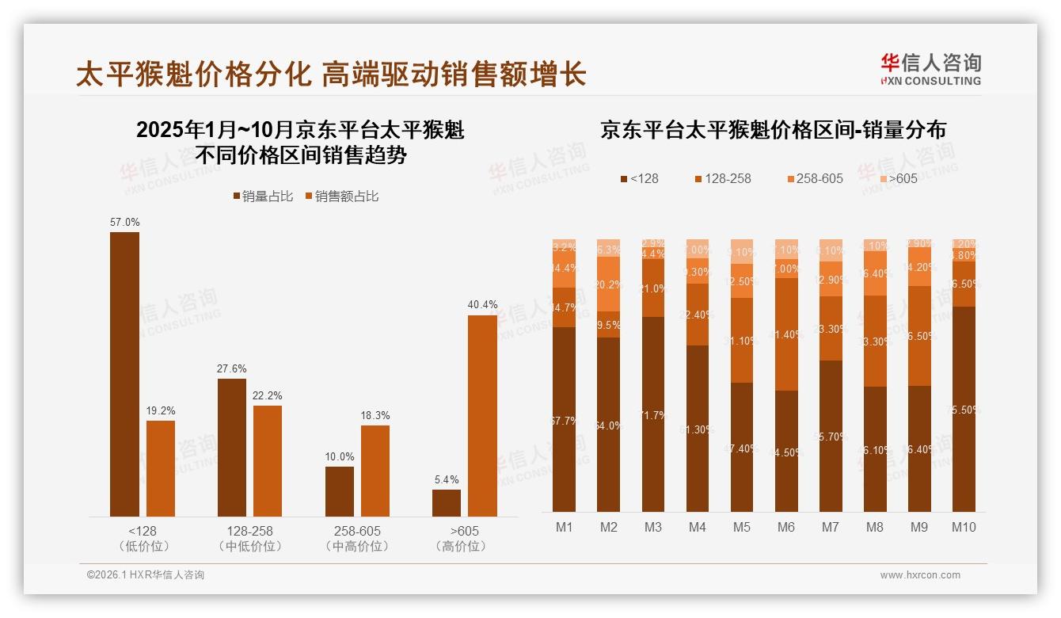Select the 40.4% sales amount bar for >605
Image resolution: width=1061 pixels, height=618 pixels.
click(x=482, y=416)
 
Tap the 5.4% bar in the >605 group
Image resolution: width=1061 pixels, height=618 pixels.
click(x=447, y=503)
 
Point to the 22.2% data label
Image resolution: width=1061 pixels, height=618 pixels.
click(x=268, y=395)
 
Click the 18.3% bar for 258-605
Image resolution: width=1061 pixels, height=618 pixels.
click(x=375, y=471)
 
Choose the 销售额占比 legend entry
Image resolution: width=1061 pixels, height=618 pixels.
click(x=341, y=196)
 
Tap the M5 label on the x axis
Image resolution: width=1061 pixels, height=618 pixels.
click(x=742, y=527)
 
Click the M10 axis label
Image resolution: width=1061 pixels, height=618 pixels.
click(x=964, y=527)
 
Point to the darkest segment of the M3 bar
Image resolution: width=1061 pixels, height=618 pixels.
click(x=653, y=414)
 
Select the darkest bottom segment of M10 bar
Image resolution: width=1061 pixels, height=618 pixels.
click(x=964, y=409)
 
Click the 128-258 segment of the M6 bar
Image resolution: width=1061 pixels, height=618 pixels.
click(x=786, y=334)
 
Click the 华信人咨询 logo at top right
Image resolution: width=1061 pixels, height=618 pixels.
click(x=930, y=69)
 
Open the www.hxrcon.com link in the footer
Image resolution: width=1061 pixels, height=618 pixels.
click(x=920, y=575)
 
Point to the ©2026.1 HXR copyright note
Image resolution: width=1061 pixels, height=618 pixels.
click(x=146, y=575)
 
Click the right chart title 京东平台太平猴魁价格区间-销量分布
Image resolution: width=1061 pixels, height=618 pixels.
click(x=773, y=131)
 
